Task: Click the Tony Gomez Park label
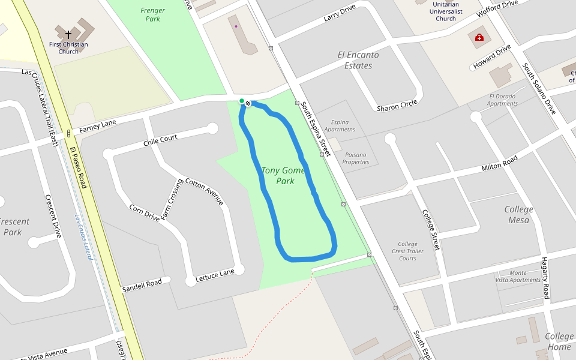[284, 175]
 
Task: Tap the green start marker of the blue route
[242, 101]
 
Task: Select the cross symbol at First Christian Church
[68, 35]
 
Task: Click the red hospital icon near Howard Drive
[479, 38]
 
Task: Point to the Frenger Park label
[152, 14]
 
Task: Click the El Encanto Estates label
[358, 60]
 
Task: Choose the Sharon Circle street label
[397, 106]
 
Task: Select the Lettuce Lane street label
[215, 273]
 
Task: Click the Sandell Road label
[142, 283]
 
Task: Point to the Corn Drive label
[145, 212]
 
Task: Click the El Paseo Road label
[78, 167]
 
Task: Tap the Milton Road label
[499, 163]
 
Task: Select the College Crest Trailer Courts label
[407, 251]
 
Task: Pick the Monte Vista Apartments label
[517, 276]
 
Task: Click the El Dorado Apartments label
[503, 100]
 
